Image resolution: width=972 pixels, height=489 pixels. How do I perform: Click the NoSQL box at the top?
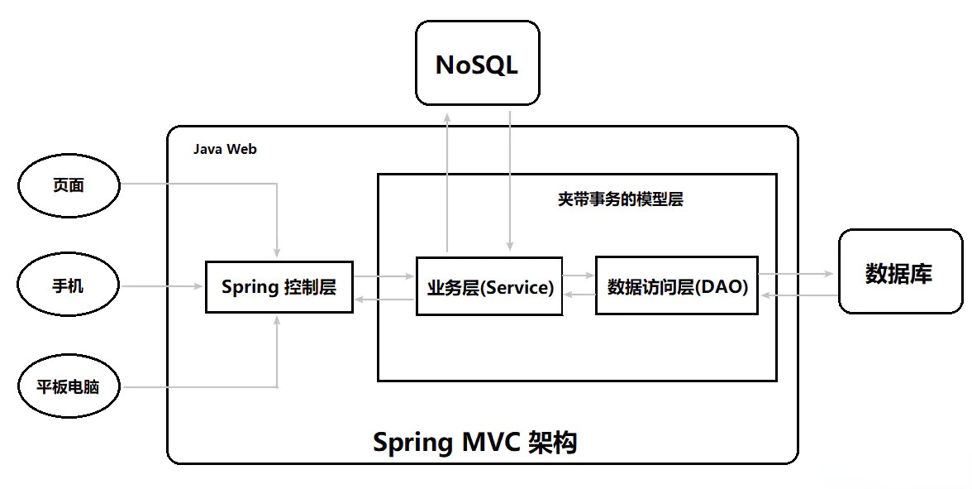coord(477,64)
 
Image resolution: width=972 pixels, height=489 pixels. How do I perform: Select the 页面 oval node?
coord(69,185)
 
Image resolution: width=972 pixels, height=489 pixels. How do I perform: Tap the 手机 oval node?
coord(69,286)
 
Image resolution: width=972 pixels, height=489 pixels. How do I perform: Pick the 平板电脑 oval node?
coord(69,386)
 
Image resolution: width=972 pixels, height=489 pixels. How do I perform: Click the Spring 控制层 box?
coord(279,287)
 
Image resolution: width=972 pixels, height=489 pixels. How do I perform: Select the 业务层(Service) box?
coord(489,287)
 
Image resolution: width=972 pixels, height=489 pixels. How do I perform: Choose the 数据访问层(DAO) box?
coord(677,286)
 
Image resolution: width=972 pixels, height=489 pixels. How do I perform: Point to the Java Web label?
coord(225,149)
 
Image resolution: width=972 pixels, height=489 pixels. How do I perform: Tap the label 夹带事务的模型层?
coord(620,199)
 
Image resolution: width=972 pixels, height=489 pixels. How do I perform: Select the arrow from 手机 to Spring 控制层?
coord(162,286)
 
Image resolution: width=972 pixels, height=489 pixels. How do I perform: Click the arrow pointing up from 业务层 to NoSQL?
coord(447,182)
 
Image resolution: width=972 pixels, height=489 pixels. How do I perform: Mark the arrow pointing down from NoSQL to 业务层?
coord(510,182)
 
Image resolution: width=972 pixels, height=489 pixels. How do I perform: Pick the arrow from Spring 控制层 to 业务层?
coord(384,276)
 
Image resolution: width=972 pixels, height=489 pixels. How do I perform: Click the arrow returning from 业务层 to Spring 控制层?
coord(384,300)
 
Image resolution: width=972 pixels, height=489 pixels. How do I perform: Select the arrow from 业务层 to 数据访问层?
coord(579,274)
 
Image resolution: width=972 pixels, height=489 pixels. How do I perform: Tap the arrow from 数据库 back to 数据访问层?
coord(798,295)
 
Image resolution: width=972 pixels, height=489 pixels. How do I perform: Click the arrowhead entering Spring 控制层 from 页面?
coord(278,252)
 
